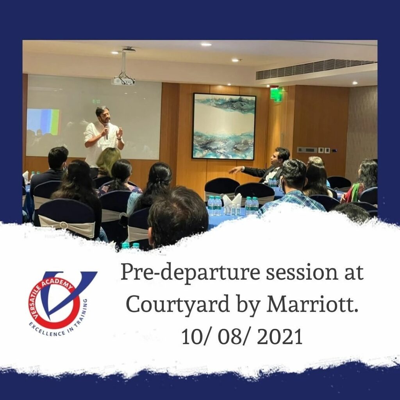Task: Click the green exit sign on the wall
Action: tap(276, 94)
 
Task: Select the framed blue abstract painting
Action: tap(224, 127)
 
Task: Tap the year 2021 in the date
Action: tap(279, 336)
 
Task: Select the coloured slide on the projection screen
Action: tap(43, 122)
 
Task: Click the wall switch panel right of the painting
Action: tap(317, 150)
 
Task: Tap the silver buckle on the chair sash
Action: tap(64, 225)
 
